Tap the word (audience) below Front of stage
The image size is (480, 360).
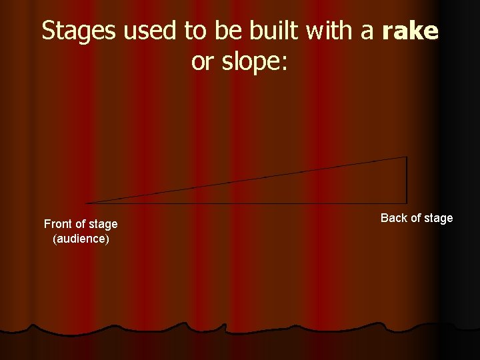pyautogui.click(x=81, y=238)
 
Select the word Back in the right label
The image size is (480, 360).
pyautogui.click(x=393, y=218)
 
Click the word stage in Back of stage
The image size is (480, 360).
pyautogui.click(x=438, y=218)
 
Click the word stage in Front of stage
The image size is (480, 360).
pyautogui.click(x=102, y=224)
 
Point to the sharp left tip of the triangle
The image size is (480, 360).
pyautogui.click(x=87, y=203)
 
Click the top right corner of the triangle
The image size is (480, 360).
pyautogui.click(x=406, y=157)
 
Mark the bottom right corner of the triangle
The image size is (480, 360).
pyautogui.click(x=406, y=203)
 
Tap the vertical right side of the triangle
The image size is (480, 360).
pyautogui.click(x=406, y=180)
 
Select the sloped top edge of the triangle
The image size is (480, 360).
pyautogui.click(x=247, y=180)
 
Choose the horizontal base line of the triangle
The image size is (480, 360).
pyautogui.click(x=247, y=203)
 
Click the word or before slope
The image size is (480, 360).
pyautogui.click(x=201, y=62)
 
